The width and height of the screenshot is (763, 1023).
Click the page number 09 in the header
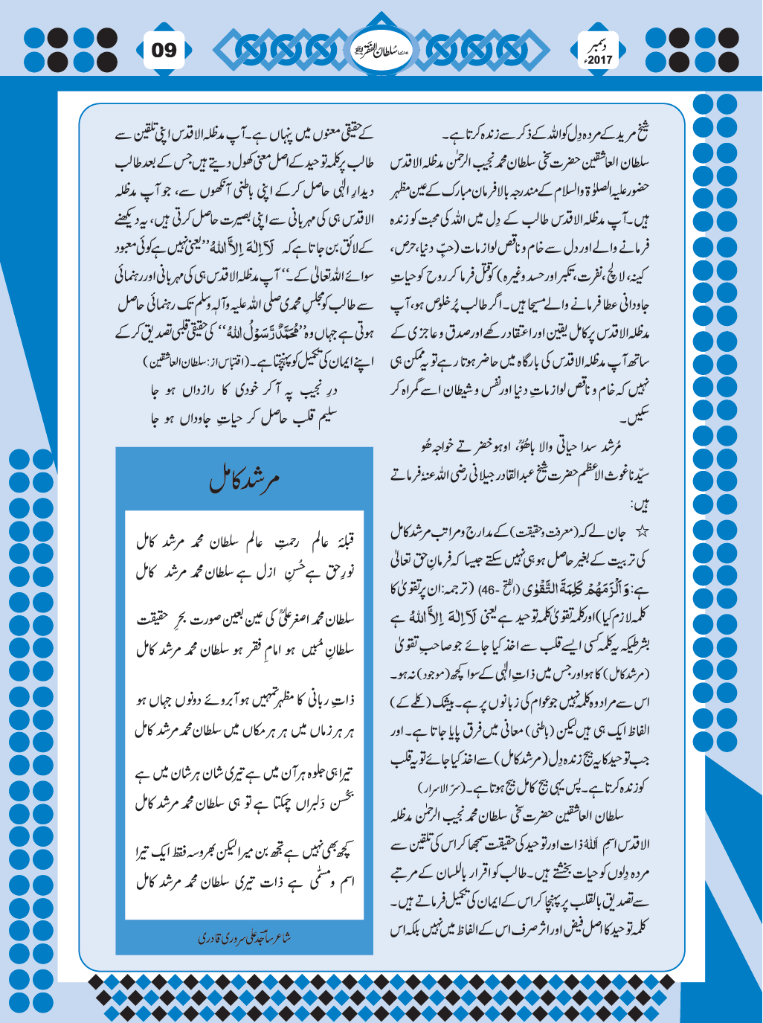[164, 51]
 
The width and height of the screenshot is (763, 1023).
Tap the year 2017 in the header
[599, 60]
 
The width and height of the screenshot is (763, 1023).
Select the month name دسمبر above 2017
[599, 45]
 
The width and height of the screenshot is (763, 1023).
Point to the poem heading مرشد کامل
[245, 481]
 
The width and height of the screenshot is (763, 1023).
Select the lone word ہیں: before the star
[639, 506]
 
